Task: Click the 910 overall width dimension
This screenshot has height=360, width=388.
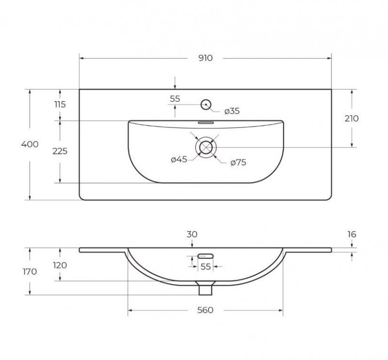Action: pyautogui.click(x=205, y=58)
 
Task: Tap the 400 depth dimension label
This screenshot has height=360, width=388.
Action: pyautogui.click(x=30, y=144)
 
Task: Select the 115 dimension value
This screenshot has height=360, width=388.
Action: pyautogui.click(x=60, y=105)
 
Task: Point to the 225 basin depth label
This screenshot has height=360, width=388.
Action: pyautogui.click(x=60, y=151)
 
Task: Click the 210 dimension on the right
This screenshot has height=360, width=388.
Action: pyautogui.click(x=352, y=119)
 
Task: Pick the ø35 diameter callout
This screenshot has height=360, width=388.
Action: pyautogui.click(x=232, y=111)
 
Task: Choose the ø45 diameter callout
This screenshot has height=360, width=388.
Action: pyautogui.click(x=179, y=159)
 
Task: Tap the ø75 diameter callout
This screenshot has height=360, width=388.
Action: pyautogui.click(x=238, y=163)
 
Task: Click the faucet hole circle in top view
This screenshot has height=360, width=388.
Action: pyautogui.click(x=206, y=105)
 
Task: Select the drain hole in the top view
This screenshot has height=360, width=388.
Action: pyautogui.click(x=206, y=148)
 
